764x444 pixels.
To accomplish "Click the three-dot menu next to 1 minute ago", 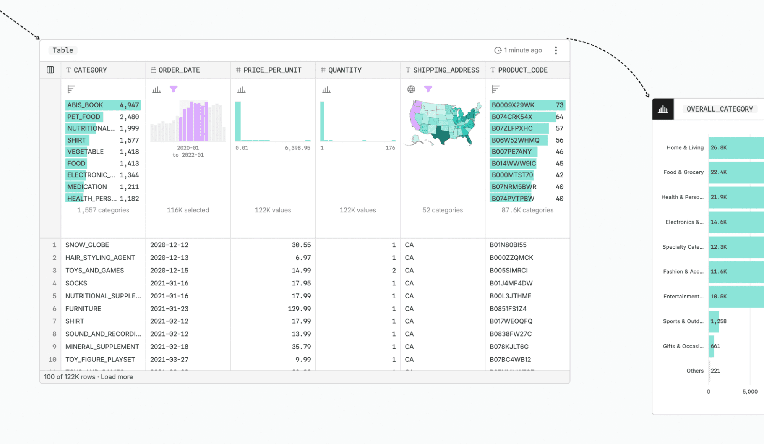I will click(x=556, y=50).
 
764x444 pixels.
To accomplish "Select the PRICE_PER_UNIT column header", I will click(x=272, y=70).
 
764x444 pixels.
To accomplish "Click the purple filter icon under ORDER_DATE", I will click(x=174, y=89).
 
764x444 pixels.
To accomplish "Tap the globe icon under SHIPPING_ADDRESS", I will click(x=411, y=89).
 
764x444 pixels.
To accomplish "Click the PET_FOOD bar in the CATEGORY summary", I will click(x=84, y=117).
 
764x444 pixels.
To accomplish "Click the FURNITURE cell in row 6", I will click(x=83, y=309).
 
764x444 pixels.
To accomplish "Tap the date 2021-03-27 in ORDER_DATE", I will click(x=169, y=360).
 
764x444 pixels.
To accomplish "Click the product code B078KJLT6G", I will click(x=509, y=347).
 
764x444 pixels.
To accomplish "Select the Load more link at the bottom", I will click(x=117, y=377).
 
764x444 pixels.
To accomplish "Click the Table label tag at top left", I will click(x=63, y=50).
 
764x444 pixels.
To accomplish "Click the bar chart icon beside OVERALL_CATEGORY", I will click(x=663, y=109).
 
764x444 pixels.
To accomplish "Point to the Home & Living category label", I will click(x=685, y=148).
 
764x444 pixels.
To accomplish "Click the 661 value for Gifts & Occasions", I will click(x=715, y=346).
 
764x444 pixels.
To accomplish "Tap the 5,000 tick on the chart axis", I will click(x=749, y=392).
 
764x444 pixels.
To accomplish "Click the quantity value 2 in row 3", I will click(x=393, y=271).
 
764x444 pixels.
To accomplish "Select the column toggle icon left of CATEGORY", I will click(x=50, y=70).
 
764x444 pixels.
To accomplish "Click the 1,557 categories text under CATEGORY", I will click(x=103, y=210).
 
